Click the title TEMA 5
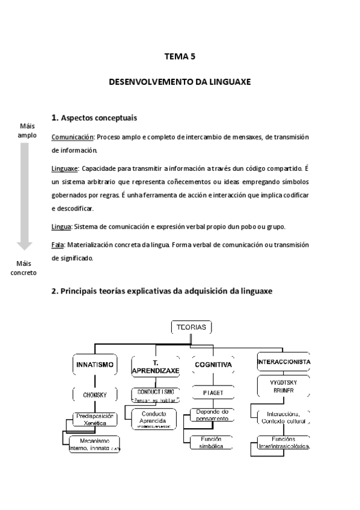pos(180,57)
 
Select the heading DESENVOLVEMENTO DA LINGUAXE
pos(180,80)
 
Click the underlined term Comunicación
pos(73,137)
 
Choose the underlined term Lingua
pos(61,226)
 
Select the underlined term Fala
pos(58,245)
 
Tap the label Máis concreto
pos(24,268)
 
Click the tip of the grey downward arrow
pos(24,248)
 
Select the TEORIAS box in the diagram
pos(191,327)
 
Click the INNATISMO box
pos(94,364)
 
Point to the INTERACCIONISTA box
pos(283,363)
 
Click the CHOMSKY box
pos(94,395)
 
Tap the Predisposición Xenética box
pos(94,419)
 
